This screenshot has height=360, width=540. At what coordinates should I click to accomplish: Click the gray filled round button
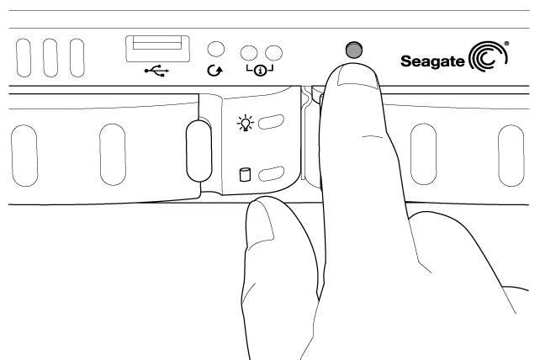[x=353, y=50]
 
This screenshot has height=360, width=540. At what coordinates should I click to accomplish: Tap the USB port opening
[x=157, y=49]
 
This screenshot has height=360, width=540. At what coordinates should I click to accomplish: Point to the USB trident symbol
[x=156, y=71]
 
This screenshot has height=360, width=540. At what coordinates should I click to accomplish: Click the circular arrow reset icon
[x=214, y=71]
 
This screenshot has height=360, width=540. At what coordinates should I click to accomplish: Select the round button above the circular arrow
[x=216, y=49]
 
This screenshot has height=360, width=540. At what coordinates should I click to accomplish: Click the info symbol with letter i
[x=261, y=71]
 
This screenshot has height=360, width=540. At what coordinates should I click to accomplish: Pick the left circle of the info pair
[x=249, y=53]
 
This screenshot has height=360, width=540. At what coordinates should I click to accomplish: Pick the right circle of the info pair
[x=274, y=53]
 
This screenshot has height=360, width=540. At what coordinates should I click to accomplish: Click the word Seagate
[x=432, y=61]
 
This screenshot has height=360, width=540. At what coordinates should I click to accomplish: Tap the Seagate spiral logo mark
[x=488, y=56]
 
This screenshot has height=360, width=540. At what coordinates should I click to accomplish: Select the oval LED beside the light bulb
[x=271, y=122]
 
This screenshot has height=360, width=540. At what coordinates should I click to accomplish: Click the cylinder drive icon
[x=245, y=175]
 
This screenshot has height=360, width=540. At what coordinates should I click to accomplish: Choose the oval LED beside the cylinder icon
[x=271, y=173]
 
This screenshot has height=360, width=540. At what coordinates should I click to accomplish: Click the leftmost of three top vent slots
[x=24, y=57]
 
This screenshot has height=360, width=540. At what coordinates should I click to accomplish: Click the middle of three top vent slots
[x=50, y=57]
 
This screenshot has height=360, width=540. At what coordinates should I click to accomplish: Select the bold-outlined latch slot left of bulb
[x=199, y=151]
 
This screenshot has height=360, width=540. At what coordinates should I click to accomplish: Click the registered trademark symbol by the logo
[x=506, y=44]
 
